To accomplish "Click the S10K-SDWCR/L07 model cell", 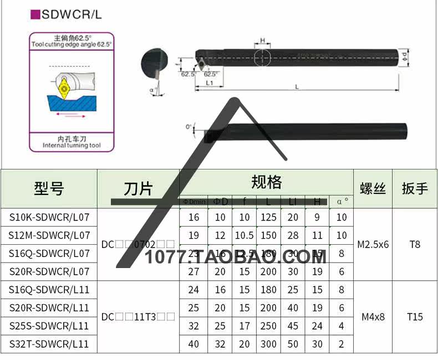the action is [49, 218].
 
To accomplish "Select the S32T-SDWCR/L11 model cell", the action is [49, 344].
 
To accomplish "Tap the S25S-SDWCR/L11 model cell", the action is [49, 326].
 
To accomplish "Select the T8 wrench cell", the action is [415, 244].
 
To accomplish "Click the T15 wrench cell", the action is [415, 317].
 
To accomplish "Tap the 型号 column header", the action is [49, 188].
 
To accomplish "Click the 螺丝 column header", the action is [373, 188].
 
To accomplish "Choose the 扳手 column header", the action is [415, 188].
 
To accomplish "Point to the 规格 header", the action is [266, 182].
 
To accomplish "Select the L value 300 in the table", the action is [269, 344].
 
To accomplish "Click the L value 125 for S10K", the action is [269, 218].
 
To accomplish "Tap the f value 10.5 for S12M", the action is [245, 235].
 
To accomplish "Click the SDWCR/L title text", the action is [72, 14].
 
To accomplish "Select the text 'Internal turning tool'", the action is [72, 145].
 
